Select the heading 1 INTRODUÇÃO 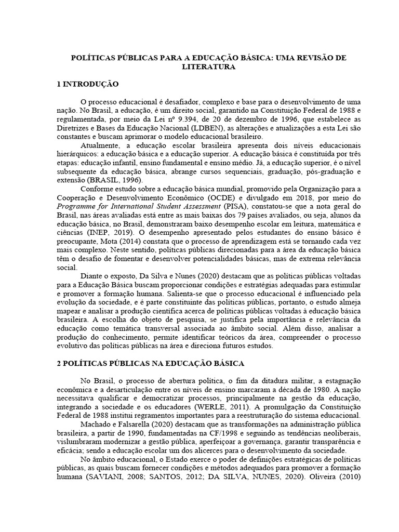[87, 84]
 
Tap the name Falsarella [132, 424]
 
